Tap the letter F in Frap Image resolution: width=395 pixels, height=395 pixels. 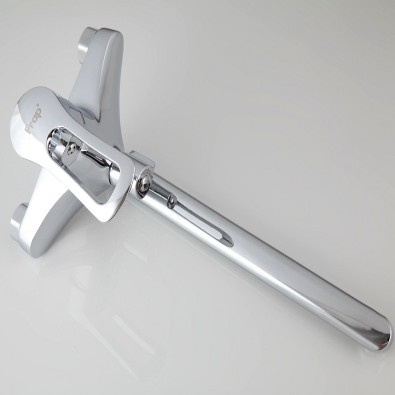(29, 130)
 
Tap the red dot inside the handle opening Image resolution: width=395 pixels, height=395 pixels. (72, 152)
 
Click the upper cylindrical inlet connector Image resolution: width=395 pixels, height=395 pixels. (86, 42)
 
